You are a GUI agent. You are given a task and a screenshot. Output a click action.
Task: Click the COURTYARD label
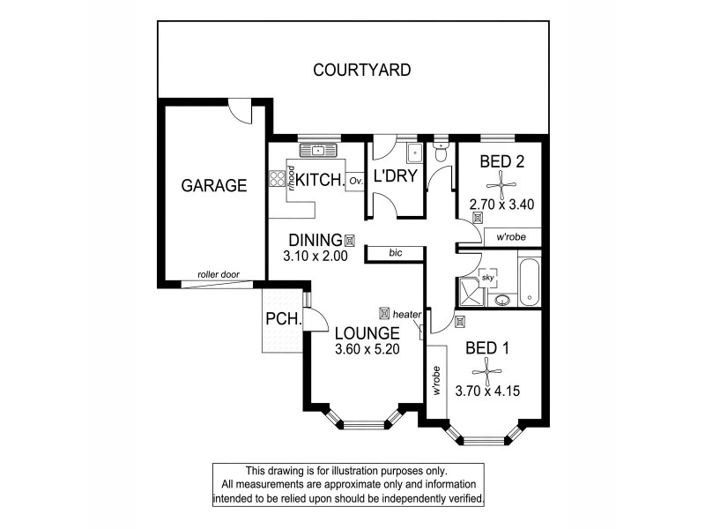tap(362, 70)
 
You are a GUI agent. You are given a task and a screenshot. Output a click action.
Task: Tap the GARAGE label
tap(213, 186)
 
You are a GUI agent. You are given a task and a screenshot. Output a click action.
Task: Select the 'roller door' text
tap(218, 274)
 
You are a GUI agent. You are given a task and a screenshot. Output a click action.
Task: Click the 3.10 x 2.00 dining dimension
tap(316, 257)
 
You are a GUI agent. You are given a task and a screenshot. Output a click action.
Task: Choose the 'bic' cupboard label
tap(396, 254)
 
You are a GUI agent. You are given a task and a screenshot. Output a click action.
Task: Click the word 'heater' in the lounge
tap(407, 313)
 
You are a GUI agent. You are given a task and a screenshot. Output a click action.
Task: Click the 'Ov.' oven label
tap(356, 181)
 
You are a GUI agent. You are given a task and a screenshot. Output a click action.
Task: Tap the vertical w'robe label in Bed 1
tap(436, 380)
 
